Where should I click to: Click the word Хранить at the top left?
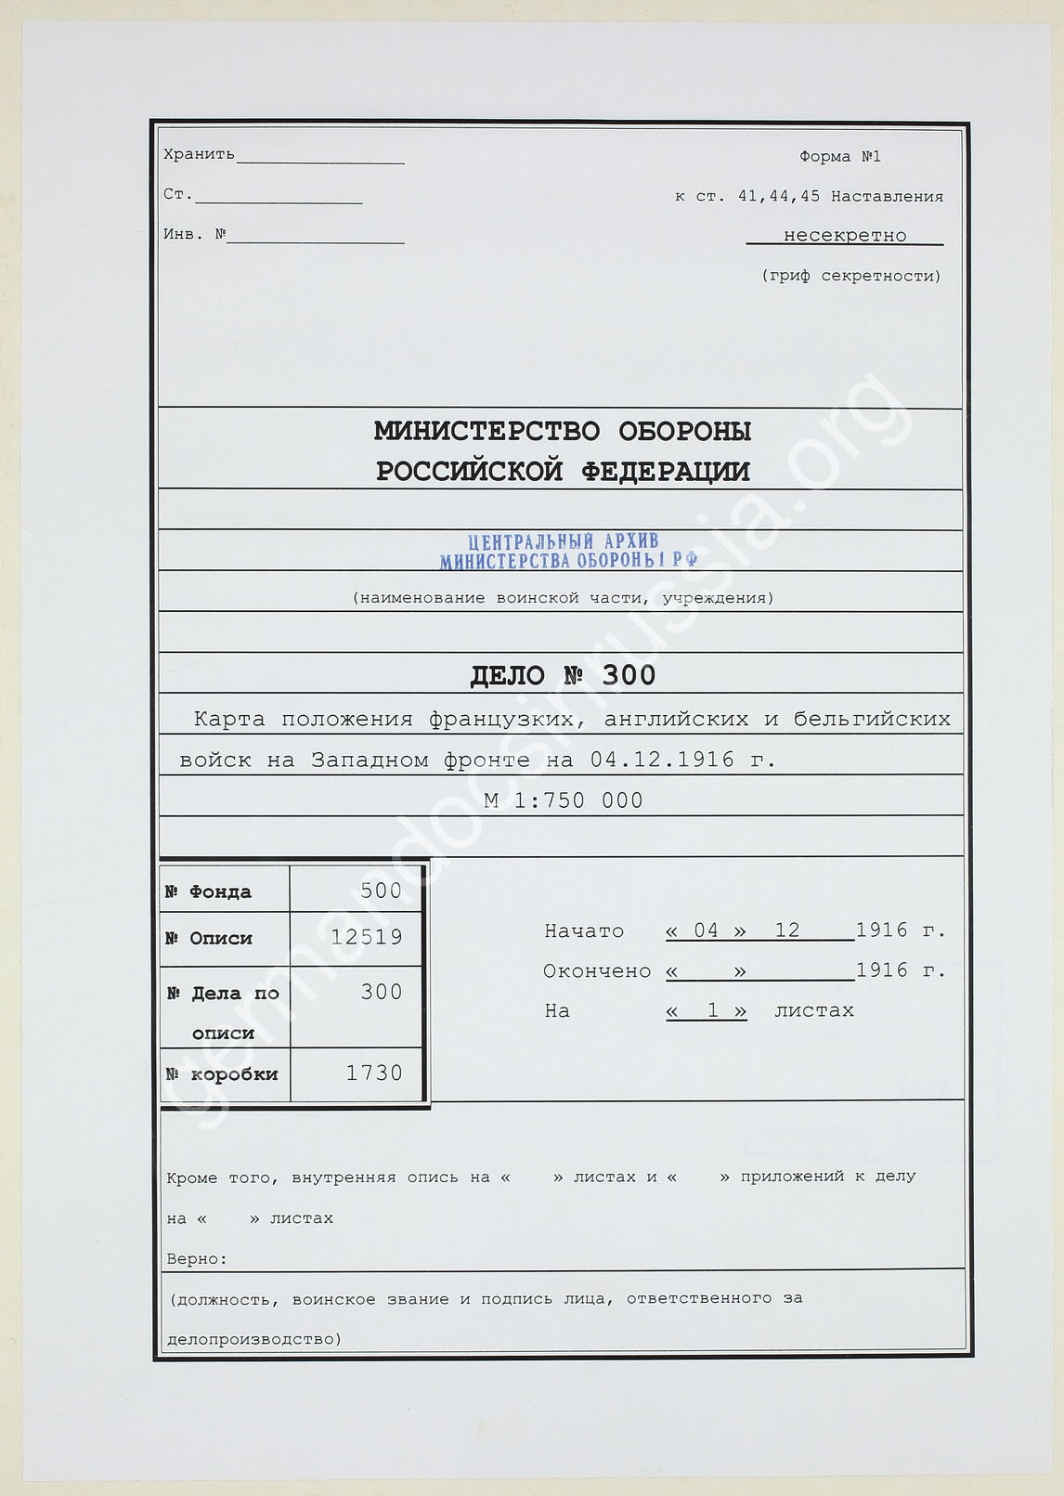199,154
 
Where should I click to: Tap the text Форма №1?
839,156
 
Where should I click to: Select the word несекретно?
844,236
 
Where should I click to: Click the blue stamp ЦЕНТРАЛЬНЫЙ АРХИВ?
564,542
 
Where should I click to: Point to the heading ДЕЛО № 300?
563,675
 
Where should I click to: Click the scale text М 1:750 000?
563,800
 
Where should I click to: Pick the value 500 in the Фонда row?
381,891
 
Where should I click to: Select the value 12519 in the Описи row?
367,937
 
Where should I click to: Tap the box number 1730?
374,1073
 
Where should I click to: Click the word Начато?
584,930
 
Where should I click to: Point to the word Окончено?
597,970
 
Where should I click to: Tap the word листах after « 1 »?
813,1010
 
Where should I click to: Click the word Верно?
197,1259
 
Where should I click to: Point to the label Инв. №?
195,234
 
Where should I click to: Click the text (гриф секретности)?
850,276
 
